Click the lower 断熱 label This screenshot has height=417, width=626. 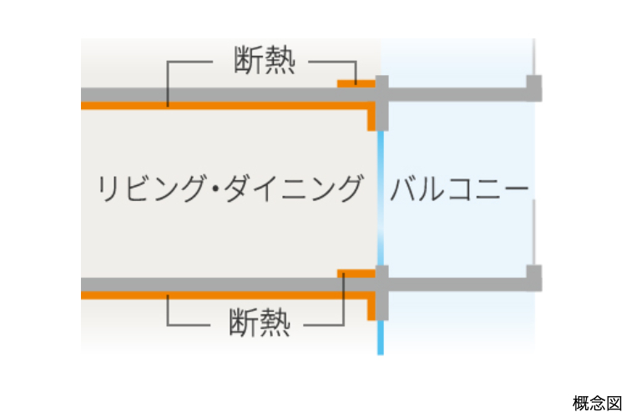(x=259, y=321)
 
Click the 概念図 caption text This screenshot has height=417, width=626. (x=598, y=404)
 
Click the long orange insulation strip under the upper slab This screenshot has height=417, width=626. (x=225, y=106)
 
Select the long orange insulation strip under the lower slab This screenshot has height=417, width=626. (x=225, y=294)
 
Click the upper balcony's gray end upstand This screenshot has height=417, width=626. (x=534, y=86)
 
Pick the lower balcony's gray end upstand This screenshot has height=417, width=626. (x=534, y=275)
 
